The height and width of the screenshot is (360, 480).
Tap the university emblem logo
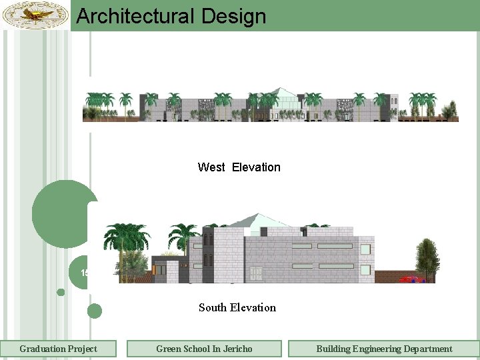click(x=35, y=15)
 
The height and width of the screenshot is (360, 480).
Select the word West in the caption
click(x=211, y=167)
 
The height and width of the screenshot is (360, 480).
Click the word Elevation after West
click(x=256, y=167)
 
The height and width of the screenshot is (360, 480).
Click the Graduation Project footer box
click(x=58, y=349)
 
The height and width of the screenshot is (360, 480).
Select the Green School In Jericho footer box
click(x=204, y=349)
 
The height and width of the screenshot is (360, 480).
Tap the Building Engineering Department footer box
click(x=384, y=349)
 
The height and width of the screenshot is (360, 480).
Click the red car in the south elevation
click(x=411, y=279)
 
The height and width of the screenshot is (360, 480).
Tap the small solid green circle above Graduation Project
click(x=95, y=311)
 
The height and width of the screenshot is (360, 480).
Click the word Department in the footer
click(x=427, y=349)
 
